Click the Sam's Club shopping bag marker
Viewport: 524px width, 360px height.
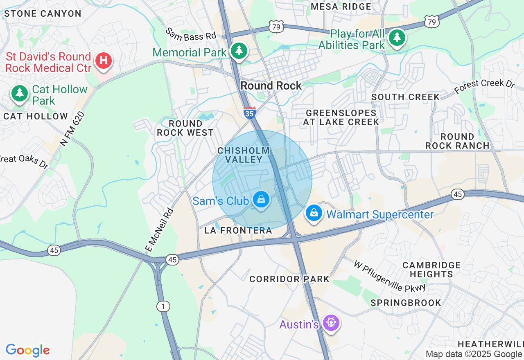pos(261,200)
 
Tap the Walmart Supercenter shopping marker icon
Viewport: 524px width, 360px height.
pos(314,213)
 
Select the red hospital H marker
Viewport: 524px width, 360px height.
pos(104,61)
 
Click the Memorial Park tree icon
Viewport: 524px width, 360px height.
pos(239,51)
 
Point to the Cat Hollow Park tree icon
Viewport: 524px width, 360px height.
pos(19,93)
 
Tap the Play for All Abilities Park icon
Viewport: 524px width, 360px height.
pos(397,38)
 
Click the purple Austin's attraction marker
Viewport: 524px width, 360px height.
pos(330,323)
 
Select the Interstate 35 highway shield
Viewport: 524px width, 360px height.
pos(250,113)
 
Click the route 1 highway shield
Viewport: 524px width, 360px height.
pos(163,306)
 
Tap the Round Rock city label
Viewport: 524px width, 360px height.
pos(271,85)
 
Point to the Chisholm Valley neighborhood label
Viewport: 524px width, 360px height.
pos(244,155)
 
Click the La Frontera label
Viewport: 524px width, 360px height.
pos(238,231)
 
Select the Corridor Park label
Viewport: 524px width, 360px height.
pos(289,279)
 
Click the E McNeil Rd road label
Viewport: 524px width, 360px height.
pos(160,229)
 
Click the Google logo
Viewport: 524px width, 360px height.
pos(27,350)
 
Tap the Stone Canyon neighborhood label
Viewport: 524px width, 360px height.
pos(43,13)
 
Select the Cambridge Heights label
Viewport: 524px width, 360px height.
pos(431,270)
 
